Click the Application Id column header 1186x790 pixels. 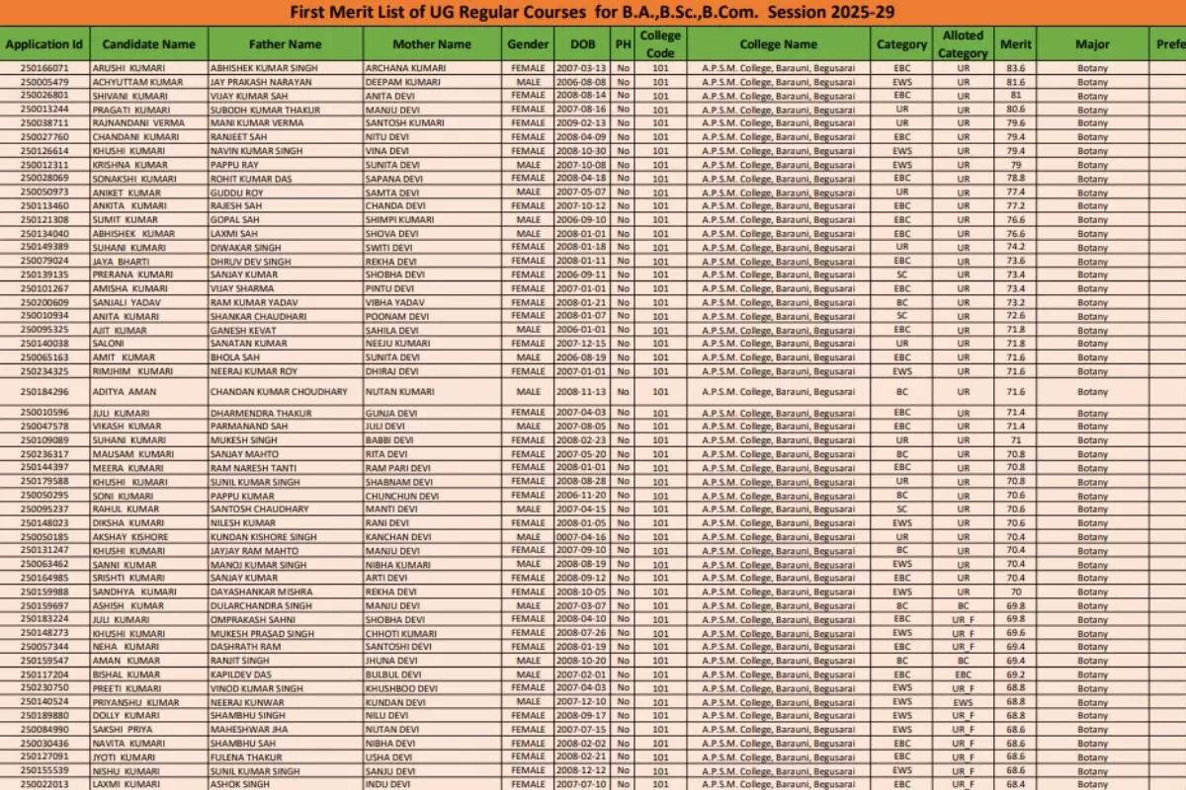tap(44, 44)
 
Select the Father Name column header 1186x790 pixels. tap(285, 44)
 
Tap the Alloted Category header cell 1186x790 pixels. tap(963, 44)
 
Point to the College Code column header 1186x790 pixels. tap(660, 44)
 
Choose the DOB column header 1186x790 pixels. tap(582, 44)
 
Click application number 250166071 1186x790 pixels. tap(44, 68)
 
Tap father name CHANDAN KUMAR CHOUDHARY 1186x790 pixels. tap(279, 392)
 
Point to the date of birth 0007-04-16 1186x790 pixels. tap(580, 537)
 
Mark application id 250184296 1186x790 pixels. tap(44, 392)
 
